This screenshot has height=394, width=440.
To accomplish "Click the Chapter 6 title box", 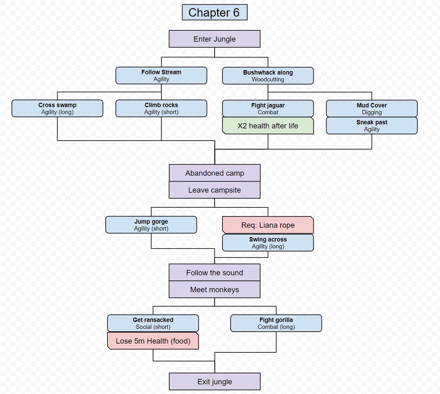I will coord(215,13).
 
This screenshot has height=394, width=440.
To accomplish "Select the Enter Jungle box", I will coord(215,39).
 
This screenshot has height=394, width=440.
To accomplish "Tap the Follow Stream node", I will coord(161,75).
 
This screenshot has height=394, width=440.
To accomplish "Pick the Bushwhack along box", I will coord(268,76).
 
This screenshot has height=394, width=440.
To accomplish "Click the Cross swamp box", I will coord(57,108).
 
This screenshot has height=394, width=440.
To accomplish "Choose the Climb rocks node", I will coord(161,108).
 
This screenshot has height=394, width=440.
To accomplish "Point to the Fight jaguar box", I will coord(268,109).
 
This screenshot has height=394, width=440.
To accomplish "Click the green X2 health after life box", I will coord(268,126).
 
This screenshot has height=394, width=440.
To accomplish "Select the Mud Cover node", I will coord(372,109).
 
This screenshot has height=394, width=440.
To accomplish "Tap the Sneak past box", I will coord(372,126).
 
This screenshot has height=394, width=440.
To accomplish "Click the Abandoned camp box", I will coord(215,173).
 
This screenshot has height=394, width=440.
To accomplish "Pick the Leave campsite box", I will coord(215,190).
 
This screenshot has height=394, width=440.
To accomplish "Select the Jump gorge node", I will coord(151,225).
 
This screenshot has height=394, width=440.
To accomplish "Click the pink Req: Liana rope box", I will coord(268,225).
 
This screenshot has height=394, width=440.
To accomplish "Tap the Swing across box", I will coord(268,243).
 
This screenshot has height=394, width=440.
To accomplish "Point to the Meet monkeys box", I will coord(215,290).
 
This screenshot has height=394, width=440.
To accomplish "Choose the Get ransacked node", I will coord(153,323).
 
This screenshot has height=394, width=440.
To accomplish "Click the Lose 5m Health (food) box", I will coord(153,341).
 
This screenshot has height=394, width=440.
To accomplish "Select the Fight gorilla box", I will coord(276,323).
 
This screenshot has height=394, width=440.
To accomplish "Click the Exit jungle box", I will coord(215,382).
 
